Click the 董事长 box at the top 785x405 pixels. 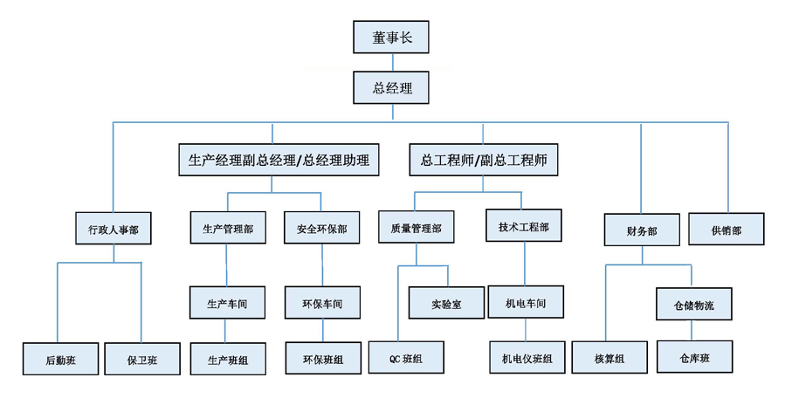pos(391,38)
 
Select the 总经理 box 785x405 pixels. pos(391,87)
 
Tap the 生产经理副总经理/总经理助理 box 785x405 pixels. pos(279,160)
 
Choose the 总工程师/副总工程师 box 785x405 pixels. pos(483,160)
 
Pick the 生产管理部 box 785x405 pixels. pos(228,229)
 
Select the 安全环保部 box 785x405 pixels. pos(322,229)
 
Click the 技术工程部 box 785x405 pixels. pos(524,226)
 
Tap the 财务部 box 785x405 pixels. pos(642,230)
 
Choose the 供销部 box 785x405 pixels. pos(726,230)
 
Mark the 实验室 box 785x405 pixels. pos(446,303)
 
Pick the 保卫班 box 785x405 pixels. pos(141,359)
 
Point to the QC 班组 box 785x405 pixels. pos(406,357)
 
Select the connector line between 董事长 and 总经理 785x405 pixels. pos(393,62)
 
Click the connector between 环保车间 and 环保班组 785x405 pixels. pos(323,331)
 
